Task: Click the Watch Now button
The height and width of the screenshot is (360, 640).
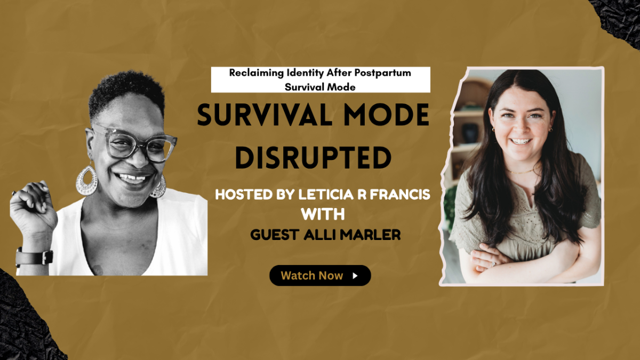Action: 320,275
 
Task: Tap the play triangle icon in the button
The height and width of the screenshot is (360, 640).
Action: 355,276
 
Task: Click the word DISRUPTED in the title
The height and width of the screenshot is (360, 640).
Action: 313,157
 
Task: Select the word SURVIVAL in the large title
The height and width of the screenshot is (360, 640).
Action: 265,115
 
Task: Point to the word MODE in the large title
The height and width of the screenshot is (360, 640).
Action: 386,115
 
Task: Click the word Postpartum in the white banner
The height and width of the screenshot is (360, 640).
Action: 382,74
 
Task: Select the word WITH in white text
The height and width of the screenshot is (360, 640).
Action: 323,214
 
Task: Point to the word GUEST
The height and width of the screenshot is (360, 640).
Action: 275,235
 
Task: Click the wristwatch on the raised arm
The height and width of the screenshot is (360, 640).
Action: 34,257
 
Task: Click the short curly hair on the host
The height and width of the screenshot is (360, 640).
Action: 126,91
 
